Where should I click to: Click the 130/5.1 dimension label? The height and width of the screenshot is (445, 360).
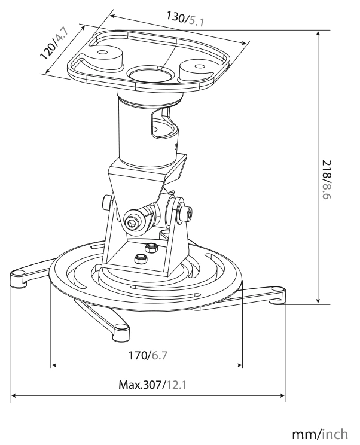185,19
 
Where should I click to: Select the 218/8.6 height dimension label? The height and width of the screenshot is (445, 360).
327,179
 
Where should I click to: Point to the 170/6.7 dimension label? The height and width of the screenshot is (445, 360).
148,355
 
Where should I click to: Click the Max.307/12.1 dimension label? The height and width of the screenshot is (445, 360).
152,385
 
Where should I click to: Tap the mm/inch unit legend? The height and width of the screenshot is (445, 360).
320,434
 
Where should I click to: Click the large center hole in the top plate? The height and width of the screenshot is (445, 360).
151,74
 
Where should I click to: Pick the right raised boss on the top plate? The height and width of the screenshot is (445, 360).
197,69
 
